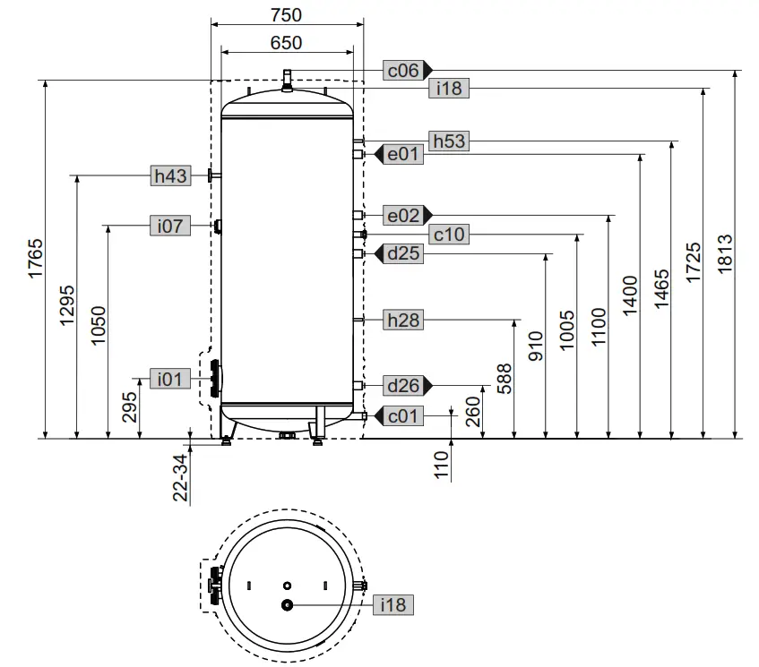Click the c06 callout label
pos(402,69)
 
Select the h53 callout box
pos(448,141)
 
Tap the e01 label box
pos(403,154)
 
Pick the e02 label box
pos(402,215)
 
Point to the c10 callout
pos(448,235)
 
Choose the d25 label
pos(403,253)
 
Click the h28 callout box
pos(402,319)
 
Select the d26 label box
pos(402,385)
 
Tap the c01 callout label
pos(403,415)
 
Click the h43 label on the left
pos(170,175)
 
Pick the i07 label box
pos(170,226)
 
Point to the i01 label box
pos(170,380)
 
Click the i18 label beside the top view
pos(392,605)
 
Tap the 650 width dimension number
pos(286,42)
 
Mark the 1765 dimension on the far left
pos(36,260)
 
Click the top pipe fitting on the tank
pos(287,77)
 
